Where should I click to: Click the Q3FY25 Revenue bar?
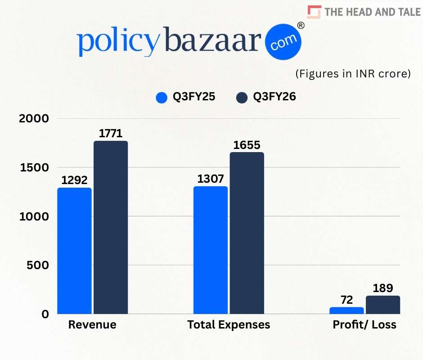coord(74,251)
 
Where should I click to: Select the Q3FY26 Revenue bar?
coord(111,227)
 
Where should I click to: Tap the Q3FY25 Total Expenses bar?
coord(210,250)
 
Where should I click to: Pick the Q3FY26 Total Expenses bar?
coord(247,233)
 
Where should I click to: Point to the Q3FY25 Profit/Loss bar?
coord(346,310)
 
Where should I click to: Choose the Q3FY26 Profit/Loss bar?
coord(383,305)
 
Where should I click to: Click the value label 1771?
coord(111,133)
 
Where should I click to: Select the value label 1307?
coord(211,179)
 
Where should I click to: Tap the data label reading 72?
coord(346,299)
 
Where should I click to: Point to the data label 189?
coord(383,288)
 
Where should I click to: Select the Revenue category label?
coord(92,324)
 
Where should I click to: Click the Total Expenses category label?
coord(229,324)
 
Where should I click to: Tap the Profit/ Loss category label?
coord(364,324)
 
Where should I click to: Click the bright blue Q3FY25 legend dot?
coord(162,97)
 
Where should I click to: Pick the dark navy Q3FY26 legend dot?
coord(242,97)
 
